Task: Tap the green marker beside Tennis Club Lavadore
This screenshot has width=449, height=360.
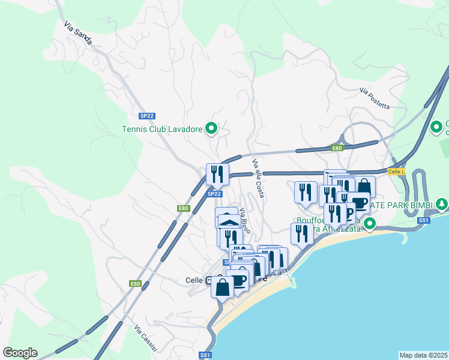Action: [211, 128]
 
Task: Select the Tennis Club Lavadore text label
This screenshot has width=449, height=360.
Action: [161, 128]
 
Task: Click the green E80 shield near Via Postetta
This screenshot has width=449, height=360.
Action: [337, 148]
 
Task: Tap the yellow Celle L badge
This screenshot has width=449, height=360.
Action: [396, 172]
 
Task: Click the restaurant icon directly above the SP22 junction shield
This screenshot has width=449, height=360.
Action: [217, 174]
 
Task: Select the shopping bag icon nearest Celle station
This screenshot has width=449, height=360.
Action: [222, 287]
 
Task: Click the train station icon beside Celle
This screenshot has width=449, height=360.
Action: [209, 280]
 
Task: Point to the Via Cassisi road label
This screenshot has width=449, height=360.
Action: [146, 338]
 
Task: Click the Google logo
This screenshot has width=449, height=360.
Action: [20, 353]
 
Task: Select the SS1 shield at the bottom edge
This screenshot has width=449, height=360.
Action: [205, 355]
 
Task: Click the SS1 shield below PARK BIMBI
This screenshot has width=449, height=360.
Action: [424, 221]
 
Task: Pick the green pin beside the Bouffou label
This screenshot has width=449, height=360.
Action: [370, 224]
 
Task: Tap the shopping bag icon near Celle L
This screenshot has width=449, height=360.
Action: [364, 187]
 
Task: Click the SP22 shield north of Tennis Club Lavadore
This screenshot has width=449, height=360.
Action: [146, 115]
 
